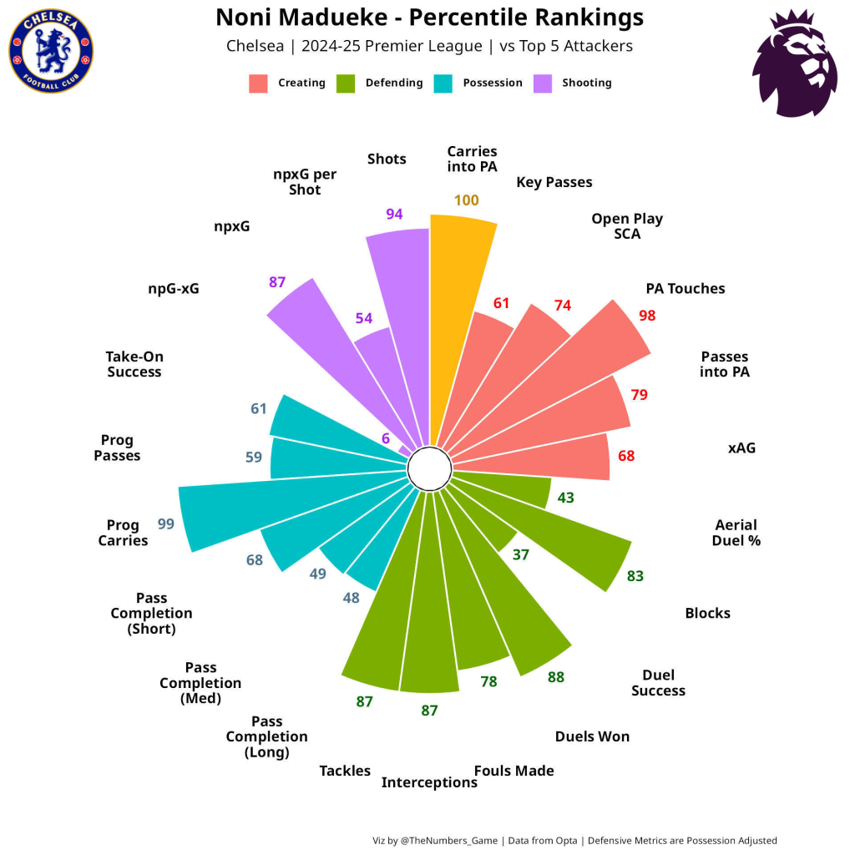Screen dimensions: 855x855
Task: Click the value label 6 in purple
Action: click(x=386, y=438)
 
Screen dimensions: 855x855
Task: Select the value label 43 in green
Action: click(x=565, y=498)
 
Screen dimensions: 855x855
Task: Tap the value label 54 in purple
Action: click(x=364, y=318)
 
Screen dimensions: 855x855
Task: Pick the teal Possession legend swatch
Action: click(x=443, y=83)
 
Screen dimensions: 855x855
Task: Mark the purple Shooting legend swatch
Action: click(x=542, y=83)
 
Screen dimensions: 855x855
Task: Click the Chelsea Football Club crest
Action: click(x=51, y=52)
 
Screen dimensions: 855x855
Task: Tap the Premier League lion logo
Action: click(x=794, y=64)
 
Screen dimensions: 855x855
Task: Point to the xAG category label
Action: click(x=741, y=448)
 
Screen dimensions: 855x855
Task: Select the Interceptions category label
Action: click(x=429, y=782)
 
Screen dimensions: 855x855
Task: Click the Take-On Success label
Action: click(x=134, y=364)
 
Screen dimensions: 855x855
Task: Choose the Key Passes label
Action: click(x=554, y=182)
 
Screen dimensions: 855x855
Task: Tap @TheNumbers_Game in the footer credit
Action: click(x=449, y=841)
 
